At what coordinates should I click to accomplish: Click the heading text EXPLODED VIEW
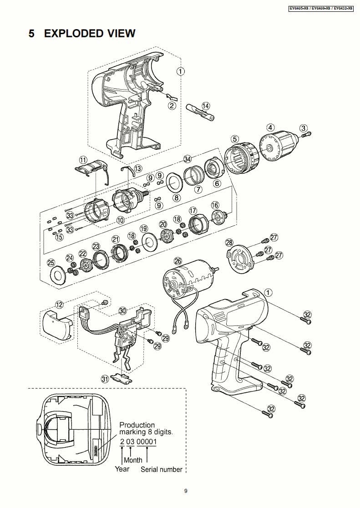[89, 33]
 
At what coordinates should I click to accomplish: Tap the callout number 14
[206, 106]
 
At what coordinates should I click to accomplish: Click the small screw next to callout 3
[306, 134]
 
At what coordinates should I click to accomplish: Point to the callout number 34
[187, 159]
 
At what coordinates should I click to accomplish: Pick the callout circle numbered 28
[229, 243]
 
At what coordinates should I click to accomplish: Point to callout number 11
[83, 160]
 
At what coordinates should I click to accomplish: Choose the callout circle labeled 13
[137, 169]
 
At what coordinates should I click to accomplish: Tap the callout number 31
[105, 378]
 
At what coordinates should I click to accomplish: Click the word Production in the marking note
[137, 425]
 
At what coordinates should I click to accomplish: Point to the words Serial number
[161, 469]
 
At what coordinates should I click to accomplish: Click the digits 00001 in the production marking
[147, 442]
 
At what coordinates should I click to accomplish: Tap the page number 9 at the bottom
[186, 491]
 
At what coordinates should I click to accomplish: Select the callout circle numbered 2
[172, 106]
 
